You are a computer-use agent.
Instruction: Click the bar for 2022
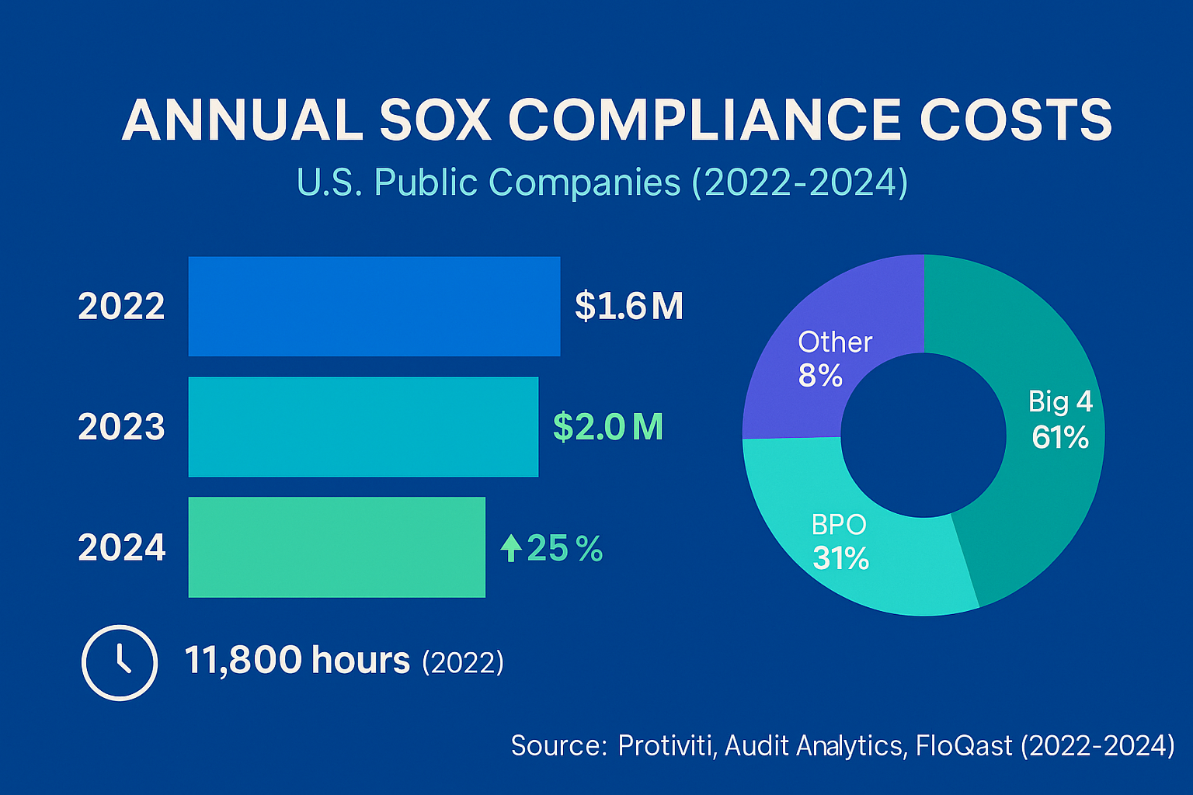pos(374,306)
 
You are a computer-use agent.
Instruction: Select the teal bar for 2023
pos(363,426)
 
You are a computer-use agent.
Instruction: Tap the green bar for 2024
pos(336,547)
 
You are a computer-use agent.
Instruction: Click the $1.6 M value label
pos(628,306)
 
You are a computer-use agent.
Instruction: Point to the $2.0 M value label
pos(607,427)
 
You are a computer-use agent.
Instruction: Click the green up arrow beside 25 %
pos(510,548)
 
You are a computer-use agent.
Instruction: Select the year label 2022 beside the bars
pos(121,306)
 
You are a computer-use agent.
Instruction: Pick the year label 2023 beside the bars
pos(121,427)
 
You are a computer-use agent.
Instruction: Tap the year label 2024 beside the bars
pos(122,547)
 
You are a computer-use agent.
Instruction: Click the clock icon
pos(120,663)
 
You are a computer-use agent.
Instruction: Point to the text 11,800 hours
pos(297,661)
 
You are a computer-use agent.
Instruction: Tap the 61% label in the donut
pos(1060,438)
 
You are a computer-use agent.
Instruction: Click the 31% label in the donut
pos(840,558)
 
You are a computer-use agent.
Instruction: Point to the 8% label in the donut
pos(820,377)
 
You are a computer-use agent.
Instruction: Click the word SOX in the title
pos(435,120)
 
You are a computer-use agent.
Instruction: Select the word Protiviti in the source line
pos(666,745)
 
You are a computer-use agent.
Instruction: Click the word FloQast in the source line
pos(964,745)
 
